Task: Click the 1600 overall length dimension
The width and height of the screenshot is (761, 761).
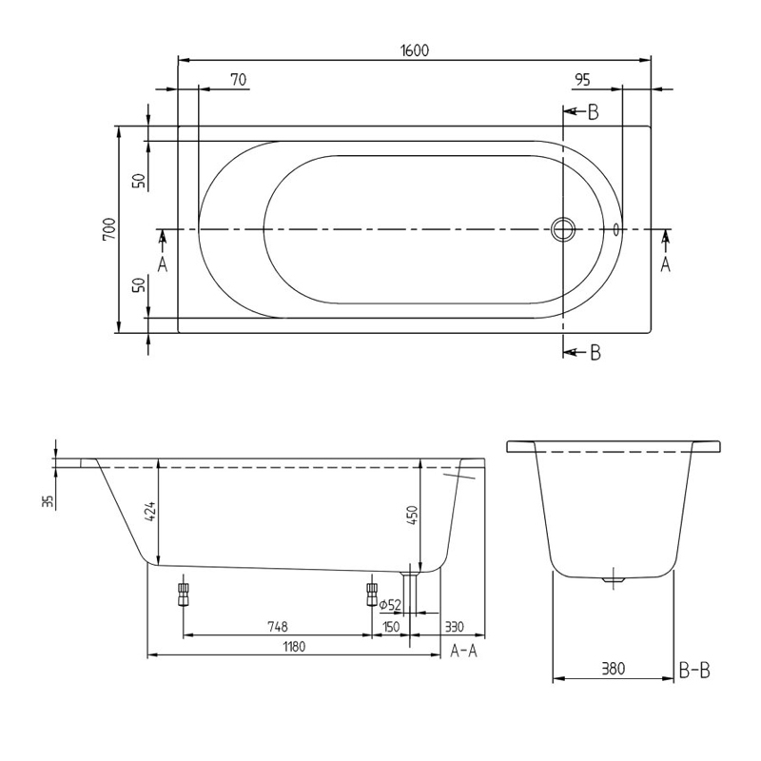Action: click(x=414, y=50)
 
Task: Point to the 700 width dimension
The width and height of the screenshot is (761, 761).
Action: click(x=109, y=229)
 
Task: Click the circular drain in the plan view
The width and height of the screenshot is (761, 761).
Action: click(x=563, y=229)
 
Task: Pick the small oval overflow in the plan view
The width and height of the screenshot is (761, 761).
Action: click(x=616, y=229)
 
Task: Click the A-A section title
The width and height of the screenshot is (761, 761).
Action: click(x=463, y=651)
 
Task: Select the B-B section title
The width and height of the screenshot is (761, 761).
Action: click(x=694, y=671)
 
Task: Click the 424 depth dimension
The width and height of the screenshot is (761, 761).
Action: click(x=150, y=515)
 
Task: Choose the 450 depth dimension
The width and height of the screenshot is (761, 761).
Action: click(x=412, y=515)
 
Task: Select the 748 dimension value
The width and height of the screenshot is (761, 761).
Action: click(x=277, y=627)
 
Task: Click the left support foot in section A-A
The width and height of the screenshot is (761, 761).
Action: click(x=184, y=595)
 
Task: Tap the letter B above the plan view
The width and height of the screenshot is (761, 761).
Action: click(x=593, y=112)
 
